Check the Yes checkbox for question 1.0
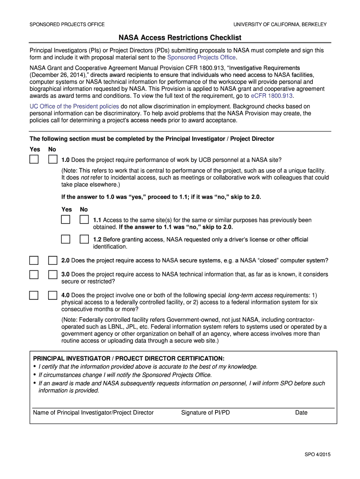34,160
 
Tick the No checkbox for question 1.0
53,160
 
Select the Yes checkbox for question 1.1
66,220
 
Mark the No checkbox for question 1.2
84,239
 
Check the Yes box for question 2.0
34,261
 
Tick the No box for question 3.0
53,275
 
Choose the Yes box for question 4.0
34,296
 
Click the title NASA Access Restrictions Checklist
180,37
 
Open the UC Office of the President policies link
74,106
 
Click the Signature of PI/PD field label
205,413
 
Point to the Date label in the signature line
301,413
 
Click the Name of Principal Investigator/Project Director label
94,413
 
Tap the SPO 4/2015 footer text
317,454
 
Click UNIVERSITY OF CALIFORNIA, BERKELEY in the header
280,24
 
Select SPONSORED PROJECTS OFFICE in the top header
67,24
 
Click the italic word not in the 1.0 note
85,178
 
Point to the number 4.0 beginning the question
65,296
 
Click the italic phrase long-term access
250,296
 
